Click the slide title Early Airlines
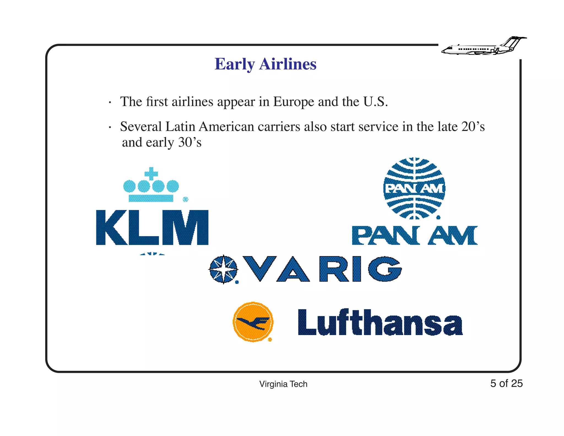pos(265,64)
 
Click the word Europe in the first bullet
pos(294,102)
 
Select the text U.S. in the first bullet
pos(375,102)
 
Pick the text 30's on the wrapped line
pos(190,142)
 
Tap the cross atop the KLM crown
pos(151,174)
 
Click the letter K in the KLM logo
pos(112,227)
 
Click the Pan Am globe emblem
pos(414,189)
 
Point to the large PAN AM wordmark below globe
pos(415,235)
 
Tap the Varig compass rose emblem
pos(223,269)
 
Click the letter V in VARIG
pos(259,268)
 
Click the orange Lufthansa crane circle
pos(253,322)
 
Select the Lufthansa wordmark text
pos(380,322)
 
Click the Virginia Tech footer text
pos(283,384)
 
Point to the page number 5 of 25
pos(506,383)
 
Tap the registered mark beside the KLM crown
pos(186,199)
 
